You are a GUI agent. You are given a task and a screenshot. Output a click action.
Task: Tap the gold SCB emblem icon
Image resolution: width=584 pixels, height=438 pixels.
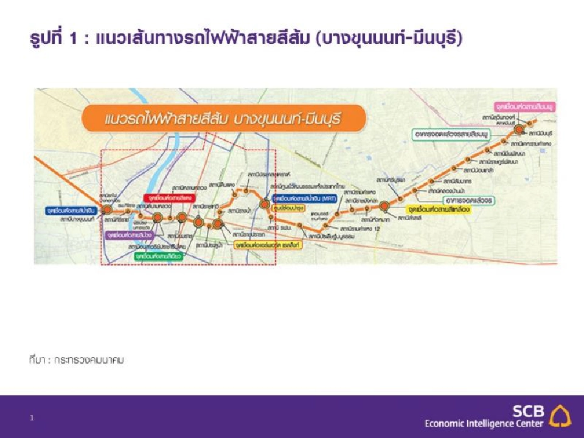[560, 415]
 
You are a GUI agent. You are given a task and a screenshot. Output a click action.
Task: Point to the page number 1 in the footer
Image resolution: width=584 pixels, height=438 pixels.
[32, 418]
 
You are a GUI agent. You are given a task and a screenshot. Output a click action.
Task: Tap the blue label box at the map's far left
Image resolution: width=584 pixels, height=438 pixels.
[69, 210]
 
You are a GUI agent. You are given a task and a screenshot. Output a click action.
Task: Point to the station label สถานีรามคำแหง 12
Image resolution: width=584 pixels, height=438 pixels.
[358, 226]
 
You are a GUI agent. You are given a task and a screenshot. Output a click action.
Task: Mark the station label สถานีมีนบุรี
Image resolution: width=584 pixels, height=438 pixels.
[540, 132]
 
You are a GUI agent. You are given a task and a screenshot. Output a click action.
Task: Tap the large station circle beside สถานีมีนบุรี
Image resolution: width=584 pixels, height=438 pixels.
[519, 130]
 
